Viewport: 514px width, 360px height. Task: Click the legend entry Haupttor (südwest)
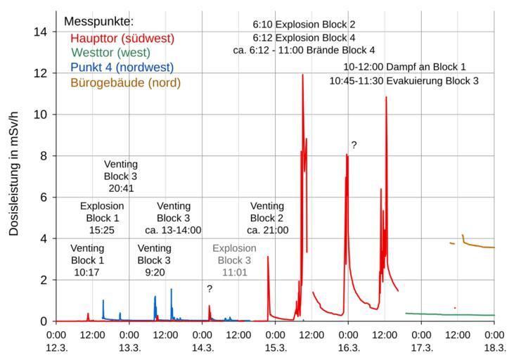coord(122,38)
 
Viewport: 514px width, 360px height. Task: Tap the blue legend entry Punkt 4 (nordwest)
coord(122,67)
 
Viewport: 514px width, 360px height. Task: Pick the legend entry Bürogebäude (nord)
coord(125,83)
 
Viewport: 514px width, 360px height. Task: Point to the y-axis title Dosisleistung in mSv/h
coord(15,166)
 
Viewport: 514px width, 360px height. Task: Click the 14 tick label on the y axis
coord(41,32)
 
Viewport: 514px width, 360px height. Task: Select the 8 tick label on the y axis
coord(44,156)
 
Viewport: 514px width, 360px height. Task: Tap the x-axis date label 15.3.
coord(276,347)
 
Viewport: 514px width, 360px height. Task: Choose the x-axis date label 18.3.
coord(494,347)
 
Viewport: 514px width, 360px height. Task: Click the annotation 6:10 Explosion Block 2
coord(304,24)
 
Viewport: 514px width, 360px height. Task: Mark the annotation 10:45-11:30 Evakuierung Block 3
coord(404,81)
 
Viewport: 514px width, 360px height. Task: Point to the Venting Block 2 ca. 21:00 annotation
coord(267,218)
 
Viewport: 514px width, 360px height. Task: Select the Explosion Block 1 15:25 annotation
coord(102,218)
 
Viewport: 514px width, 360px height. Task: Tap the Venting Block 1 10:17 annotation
coord(88,260)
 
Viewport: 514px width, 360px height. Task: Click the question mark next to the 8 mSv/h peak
coord(354,146)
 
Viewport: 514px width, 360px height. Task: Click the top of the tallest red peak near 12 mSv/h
coord(303,75)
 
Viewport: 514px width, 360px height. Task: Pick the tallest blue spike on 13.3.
coord(171,289)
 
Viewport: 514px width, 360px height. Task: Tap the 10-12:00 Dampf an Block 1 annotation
coord(404,67)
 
